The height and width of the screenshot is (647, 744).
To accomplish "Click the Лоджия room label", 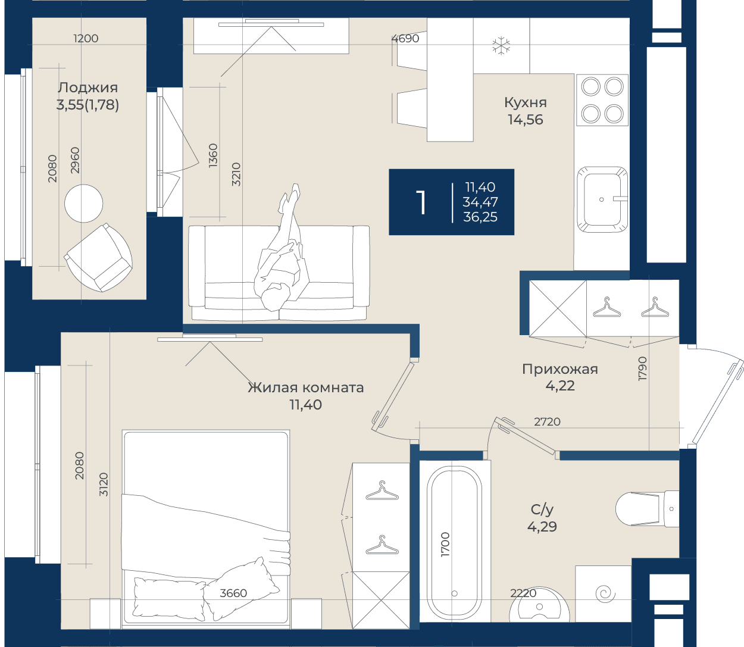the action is coord(87,88).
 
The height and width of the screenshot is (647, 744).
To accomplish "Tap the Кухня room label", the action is coord(525,103).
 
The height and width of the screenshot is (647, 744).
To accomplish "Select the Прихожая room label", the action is coord(560,369).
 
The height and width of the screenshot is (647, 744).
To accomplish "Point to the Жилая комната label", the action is coord(305,387).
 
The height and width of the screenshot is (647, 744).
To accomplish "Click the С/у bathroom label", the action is coord(542,510).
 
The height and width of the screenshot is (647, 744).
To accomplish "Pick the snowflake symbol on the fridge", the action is coord(501,46).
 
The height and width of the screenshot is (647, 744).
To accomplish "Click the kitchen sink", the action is coord(602,199).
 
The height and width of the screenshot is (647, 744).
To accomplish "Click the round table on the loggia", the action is coord(84,204).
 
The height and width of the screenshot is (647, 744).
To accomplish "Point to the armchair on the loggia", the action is coord(98,258).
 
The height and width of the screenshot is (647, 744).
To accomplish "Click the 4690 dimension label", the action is coord(405,38).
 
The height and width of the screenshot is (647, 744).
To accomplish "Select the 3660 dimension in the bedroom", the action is coord(233,593).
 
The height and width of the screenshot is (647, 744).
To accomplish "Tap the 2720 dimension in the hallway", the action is coord(547,422).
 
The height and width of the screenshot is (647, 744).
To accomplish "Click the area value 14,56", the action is coord(526,120).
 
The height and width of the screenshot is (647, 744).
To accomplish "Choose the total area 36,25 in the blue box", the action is coord(480,217).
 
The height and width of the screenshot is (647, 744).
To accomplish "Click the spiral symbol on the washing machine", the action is coord(605,594).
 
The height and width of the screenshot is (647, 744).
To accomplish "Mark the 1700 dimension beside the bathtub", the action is coord(445,545).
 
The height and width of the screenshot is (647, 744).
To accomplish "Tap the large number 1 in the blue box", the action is coord(421,202).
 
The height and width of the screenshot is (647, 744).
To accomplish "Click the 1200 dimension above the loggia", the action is coord(86,38).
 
